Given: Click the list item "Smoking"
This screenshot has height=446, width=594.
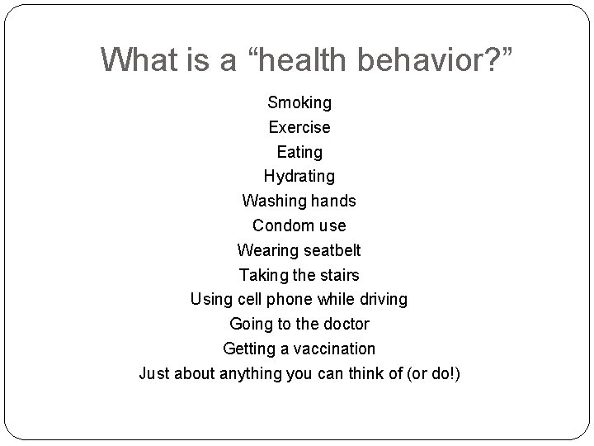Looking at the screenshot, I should coord(299,103).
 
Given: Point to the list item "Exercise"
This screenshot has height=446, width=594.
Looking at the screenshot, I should coord(299,127).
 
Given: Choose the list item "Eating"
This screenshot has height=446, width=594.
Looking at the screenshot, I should coord(299,152).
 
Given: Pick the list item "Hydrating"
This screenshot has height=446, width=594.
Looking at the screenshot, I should coord(299,176).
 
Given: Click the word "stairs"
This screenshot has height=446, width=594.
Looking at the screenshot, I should coord(338,274).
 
